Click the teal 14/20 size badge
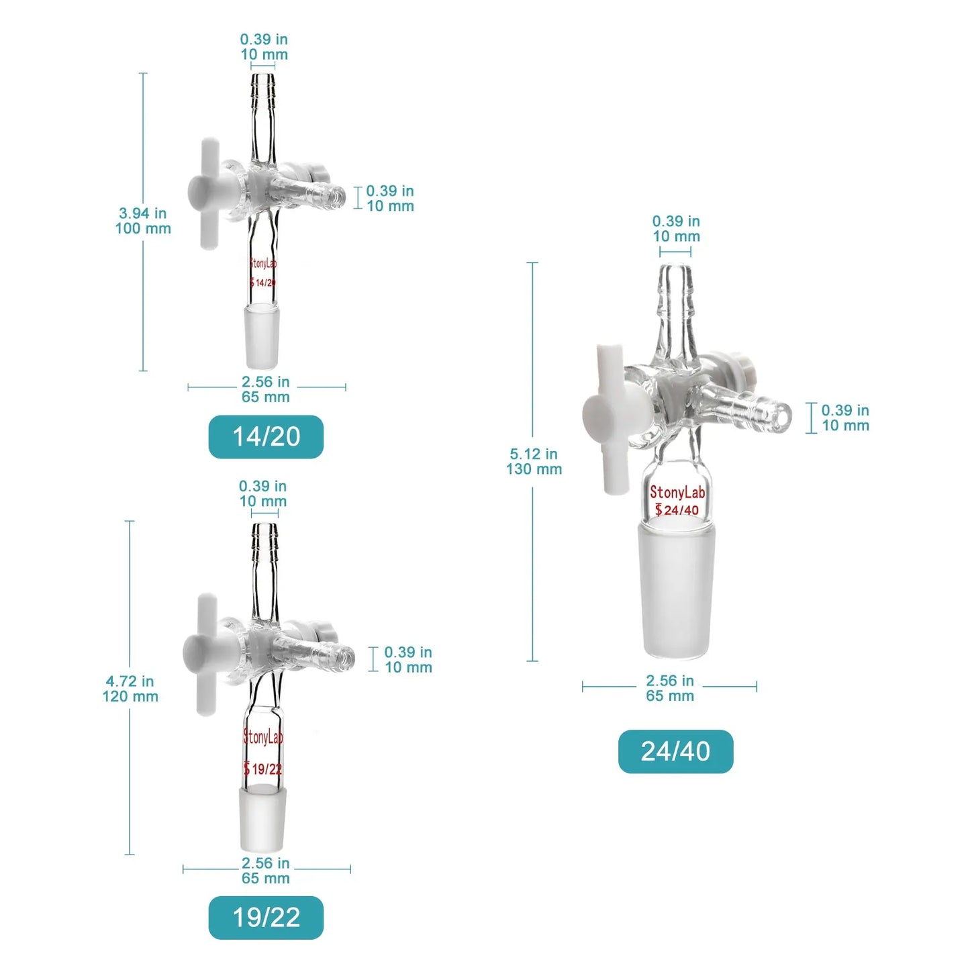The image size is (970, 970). (x=266, y=437)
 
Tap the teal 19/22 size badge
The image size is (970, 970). (x=266, y=918)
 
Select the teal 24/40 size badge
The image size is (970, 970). (x=675, y=751)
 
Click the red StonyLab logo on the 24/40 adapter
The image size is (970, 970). (x=677, y=493)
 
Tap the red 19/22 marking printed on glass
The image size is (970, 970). (x=263, y=769)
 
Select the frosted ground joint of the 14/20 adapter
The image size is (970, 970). (x=262, y=336)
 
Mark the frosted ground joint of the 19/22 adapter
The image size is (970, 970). (x=262, y=819)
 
